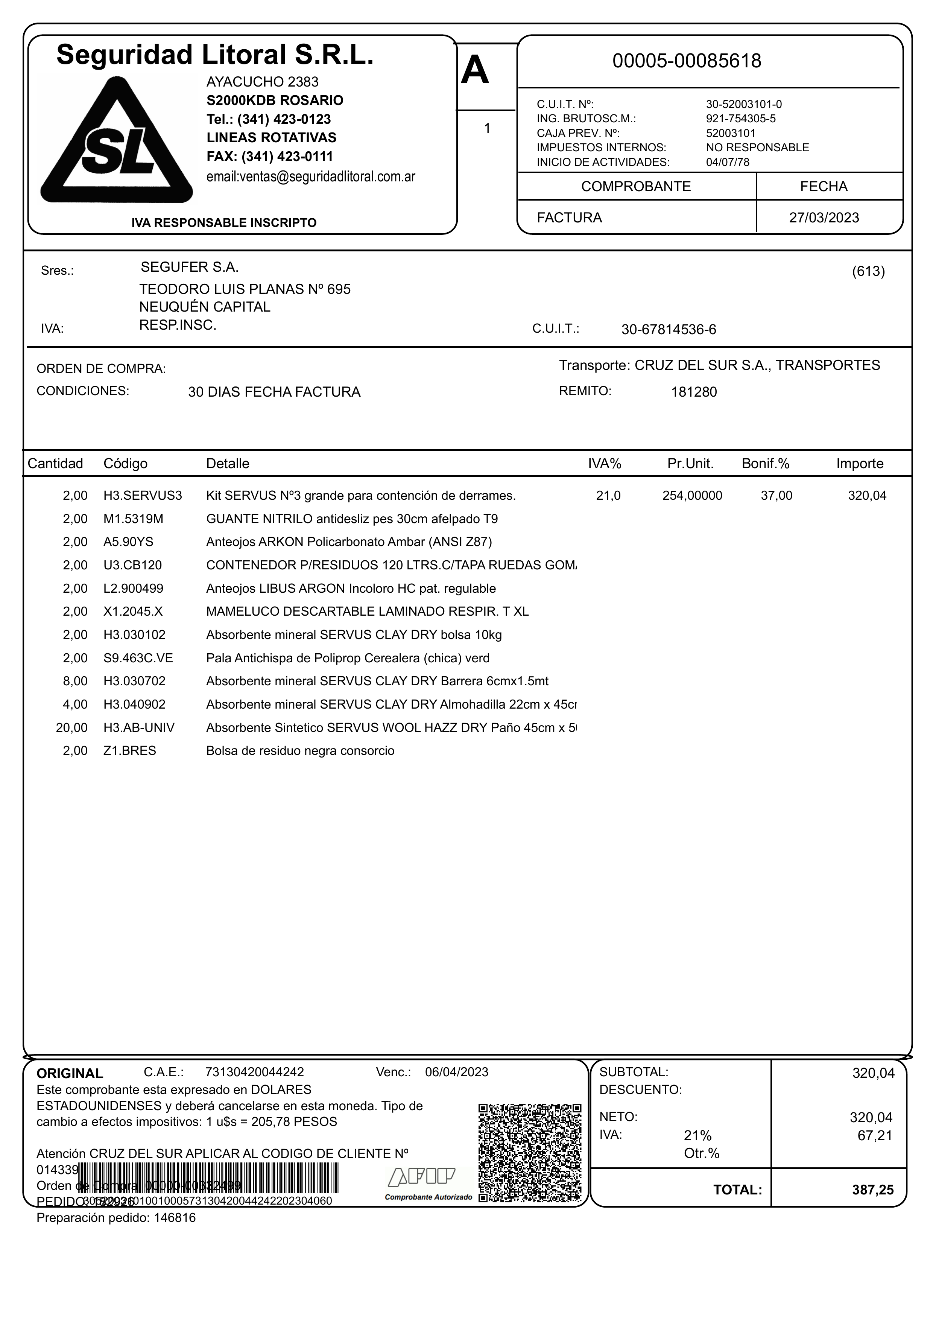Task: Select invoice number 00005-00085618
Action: coord(687,61)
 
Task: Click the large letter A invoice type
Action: coord(475,71)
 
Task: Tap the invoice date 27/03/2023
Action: coord(824,218)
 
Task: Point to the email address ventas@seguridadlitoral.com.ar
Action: coord(310,177)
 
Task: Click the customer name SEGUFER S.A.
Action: coord(190,267)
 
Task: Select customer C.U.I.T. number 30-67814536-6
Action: coord(669,330)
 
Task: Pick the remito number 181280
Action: coord(694,393)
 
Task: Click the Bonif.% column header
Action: coord(765,464)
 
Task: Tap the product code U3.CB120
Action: coord(133,566)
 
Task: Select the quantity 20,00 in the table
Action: coord(72,728)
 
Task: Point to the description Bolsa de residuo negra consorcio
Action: coord(301,751)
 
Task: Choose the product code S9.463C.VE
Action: coord(138,659)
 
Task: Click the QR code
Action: coord(530,1153)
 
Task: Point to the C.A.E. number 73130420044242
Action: coord(255,1073)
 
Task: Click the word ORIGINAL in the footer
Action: coord(70,1074)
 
